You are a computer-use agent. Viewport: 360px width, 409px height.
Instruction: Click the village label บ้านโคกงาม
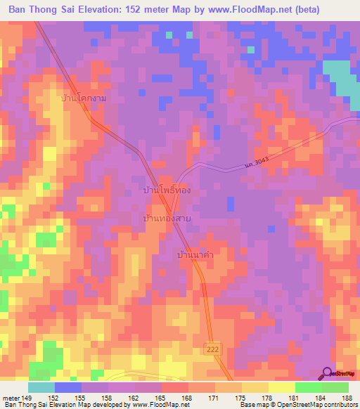pos(84,99)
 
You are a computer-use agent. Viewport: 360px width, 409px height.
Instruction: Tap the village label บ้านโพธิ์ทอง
pos(167,190)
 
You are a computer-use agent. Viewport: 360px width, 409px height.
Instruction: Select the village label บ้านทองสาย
pos(167,219)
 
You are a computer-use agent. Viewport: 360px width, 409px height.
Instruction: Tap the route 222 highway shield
pos(213,349)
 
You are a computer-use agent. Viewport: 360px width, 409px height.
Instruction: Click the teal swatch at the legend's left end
pos(41,387)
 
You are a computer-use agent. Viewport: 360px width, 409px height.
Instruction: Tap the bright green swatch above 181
pos(308,387)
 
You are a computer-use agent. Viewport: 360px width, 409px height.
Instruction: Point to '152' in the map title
pos(124,10)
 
